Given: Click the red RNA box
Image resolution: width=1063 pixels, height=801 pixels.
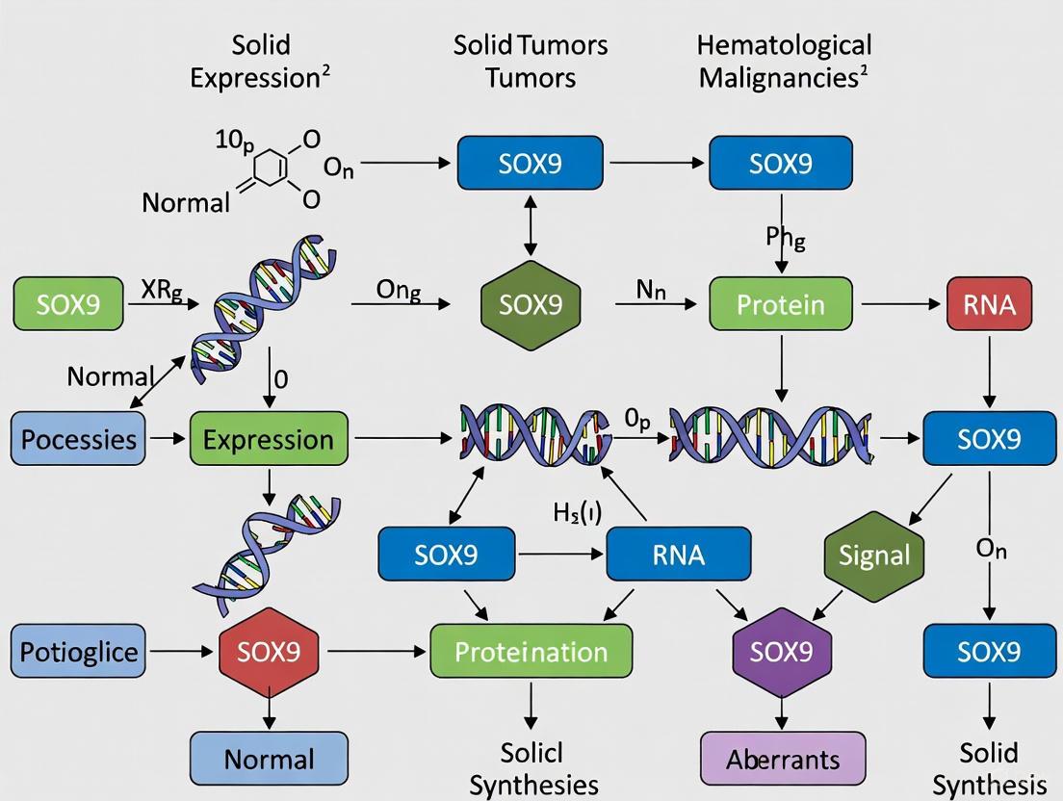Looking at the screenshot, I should click(990, 304).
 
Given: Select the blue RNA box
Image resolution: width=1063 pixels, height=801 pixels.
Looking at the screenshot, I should click(678, 555).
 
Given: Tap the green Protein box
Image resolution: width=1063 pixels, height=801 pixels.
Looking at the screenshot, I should click(781, 304).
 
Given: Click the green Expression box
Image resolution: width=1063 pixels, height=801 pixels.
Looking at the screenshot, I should click(269, 440).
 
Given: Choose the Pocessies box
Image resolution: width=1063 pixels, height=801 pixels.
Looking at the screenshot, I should click(79, 440).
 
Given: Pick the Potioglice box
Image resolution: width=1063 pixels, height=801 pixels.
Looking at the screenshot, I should click(79, 652).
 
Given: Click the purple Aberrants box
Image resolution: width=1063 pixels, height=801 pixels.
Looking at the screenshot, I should click(782, 759).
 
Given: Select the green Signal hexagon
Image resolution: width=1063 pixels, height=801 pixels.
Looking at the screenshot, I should click(874, 556).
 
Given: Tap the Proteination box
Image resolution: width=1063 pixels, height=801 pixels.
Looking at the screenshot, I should click(531, 652).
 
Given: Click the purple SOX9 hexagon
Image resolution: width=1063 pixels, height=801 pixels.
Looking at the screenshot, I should click(782, 652).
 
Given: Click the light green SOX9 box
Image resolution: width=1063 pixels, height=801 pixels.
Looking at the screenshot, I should click(68, 304).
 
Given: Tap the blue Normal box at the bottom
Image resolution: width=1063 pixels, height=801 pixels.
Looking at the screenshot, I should click(269, 759).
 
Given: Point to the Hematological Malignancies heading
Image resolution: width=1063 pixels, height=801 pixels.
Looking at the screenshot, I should click(784, 61).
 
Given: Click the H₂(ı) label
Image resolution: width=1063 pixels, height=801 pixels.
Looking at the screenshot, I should click(578, 513).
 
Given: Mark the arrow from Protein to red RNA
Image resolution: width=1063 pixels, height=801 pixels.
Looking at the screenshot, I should click(901, 304).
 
